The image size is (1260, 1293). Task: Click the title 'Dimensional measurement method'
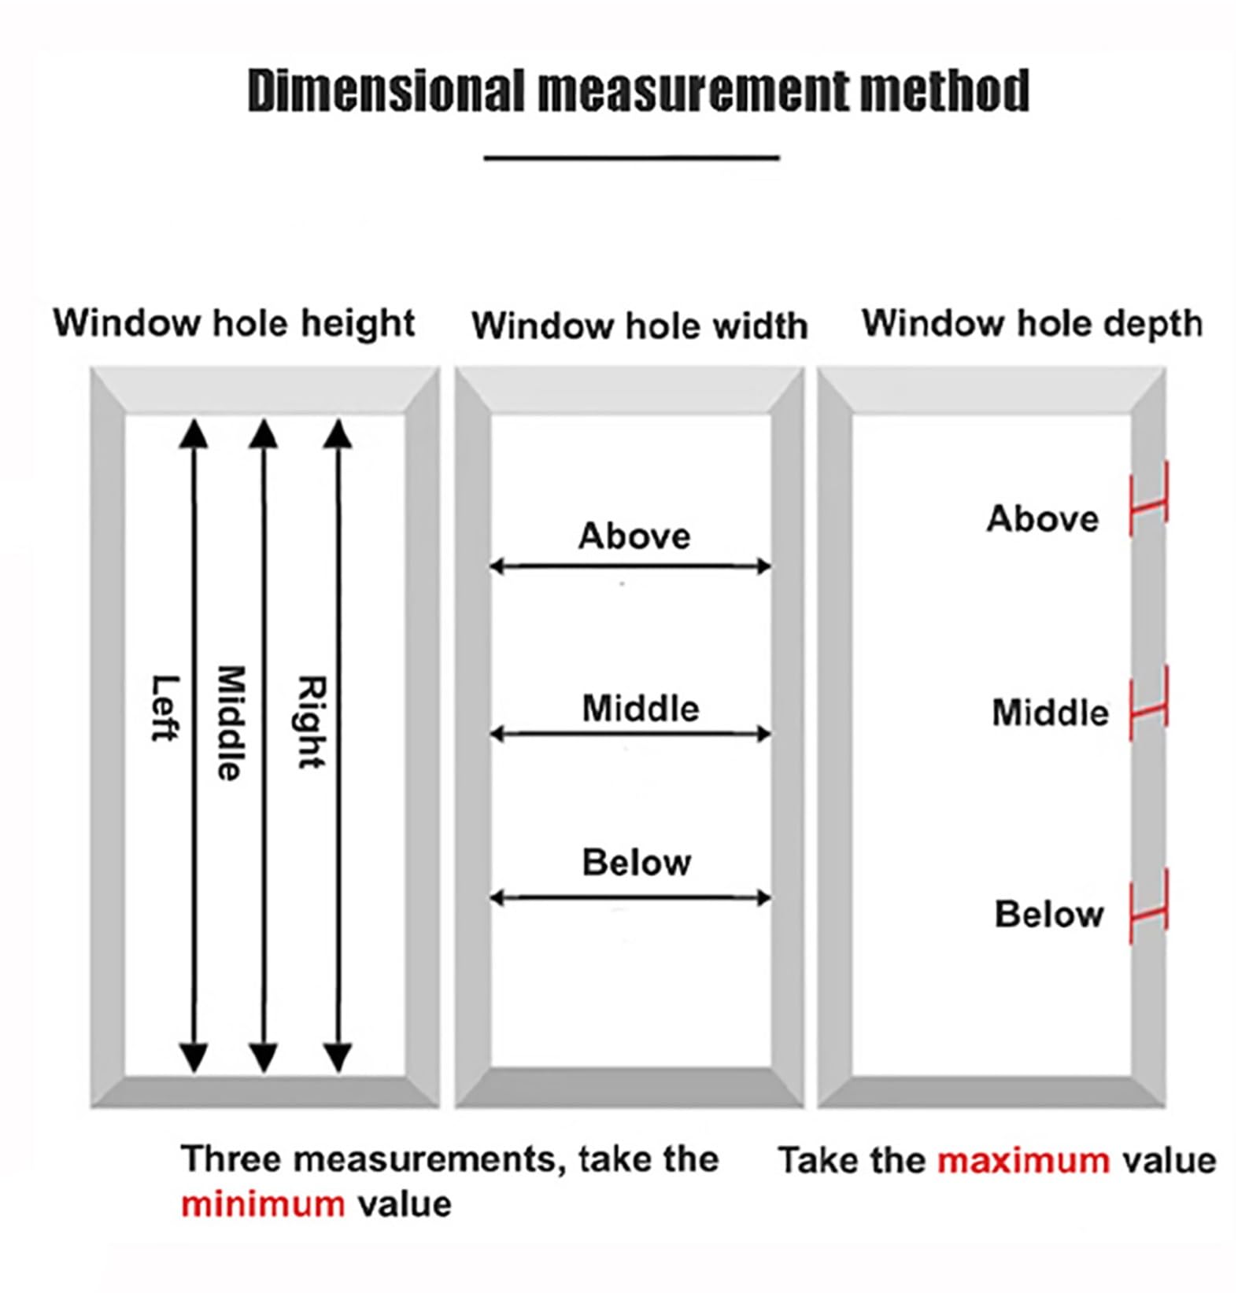point(638,91)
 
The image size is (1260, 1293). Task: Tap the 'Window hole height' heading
point(234,323)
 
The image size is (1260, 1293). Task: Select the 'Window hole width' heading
point(639,326)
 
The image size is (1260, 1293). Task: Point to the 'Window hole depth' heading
point(1032,323)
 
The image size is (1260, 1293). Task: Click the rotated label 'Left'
point(164,708)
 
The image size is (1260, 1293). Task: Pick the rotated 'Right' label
point(311,722)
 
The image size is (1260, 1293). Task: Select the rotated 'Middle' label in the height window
point(230,724)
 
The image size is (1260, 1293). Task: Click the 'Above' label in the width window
point(634,536)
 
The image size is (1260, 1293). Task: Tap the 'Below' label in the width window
point(636,863)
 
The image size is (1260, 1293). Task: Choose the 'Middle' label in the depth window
point(1050,713)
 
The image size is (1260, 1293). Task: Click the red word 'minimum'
point(263,1204)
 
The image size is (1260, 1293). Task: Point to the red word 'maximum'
point(1024,1161)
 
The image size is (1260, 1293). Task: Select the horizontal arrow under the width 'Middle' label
point(630,735)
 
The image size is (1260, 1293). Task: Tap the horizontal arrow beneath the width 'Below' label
point(630,897)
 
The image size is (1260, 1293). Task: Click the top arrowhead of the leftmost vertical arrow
point(194,433)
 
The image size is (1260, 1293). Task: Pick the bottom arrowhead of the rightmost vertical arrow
point(338,1058)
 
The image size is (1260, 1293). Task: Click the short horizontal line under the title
point(631,158)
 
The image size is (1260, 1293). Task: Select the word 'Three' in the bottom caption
point(225,1159)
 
